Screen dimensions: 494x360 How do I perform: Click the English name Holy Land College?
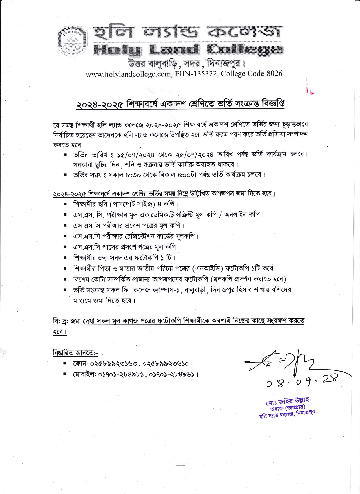[188, 50]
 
